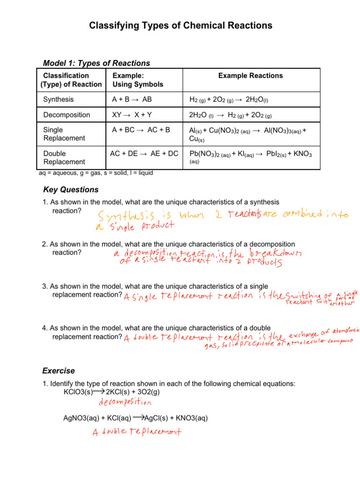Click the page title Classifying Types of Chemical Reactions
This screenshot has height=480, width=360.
click(180, 25)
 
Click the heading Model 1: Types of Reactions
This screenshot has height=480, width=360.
click(96, 63)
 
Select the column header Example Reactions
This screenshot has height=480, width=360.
click(250, 75)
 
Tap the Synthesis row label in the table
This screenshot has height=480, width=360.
click(59, 100)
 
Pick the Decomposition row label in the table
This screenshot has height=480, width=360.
click(67, 115)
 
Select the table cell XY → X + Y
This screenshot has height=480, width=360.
click(132, 115)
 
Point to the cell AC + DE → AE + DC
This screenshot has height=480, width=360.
click(144, 153)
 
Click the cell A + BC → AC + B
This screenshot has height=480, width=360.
click(141, 130)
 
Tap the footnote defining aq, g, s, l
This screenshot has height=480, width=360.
click(96, 172)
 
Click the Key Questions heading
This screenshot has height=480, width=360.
click(70, 190)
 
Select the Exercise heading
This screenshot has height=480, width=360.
click(58, 371)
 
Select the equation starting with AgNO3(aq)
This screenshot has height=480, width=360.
click(135, 418)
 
